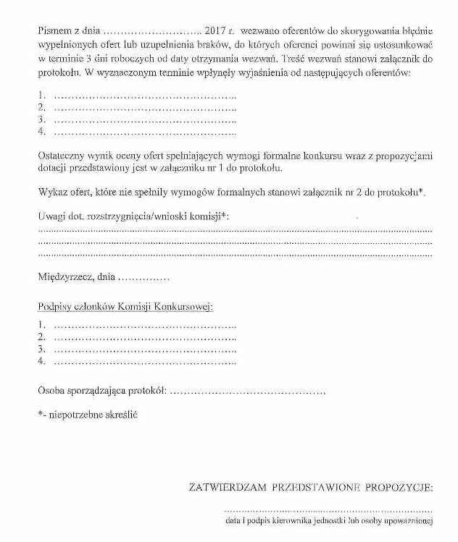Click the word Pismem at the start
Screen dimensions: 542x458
coord(55,33)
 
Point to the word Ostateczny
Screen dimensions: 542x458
coord(61,156)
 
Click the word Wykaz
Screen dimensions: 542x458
coord(51,190)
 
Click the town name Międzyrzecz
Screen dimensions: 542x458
coord(65,276)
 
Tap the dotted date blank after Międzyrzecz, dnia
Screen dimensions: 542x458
coord(143,277)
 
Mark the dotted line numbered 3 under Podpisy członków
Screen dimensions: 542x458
coord(145,349)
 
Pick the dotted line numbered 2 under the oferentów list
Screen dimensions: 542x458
coord(145,107)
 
